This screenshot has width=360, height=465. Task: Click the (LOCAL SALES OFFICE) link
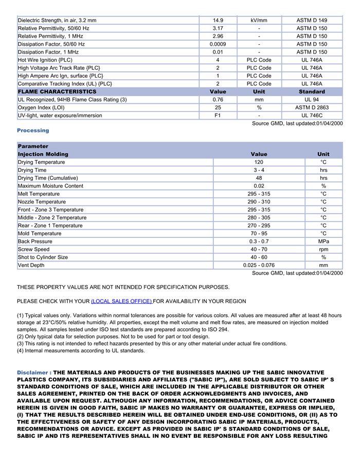[121, 301]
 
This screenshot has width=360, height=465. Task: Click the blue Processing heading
[33, 131]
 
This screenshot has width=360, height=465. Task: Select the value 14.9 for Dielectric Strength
[218, 21]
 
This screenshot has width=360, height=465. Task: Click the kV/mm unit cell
[259, 21]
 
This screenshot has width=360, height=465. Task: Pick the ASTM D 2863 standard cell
[312, 107]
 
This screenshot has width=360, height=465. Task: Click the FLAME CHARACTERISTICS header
[57, 91]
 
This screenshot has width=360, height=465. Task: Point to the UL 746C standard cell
[312, 116]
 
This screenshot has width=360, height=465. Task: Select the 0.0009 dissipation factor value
[218, 44]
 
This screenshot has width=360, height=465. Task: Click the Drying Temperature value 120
[259, 162]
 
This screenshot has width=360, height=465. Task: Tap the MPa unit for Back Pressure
[323, 241]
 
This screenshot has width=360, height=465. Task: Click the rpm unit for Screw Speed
[323, 249]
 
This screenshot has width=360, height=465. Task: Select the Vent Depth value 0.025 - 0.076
[259, 265]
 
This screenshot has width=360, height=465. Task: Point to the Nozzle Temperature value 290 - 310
[259, 202]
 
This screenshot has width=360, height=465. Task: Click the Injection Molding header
[43, 154]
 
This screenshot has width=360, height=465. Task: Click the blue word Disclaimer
[33, 373]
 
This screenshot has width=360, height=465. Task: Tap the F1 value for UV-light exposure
[218, 116]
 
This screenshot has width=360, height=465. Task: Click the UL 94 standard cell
[312, 100]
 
